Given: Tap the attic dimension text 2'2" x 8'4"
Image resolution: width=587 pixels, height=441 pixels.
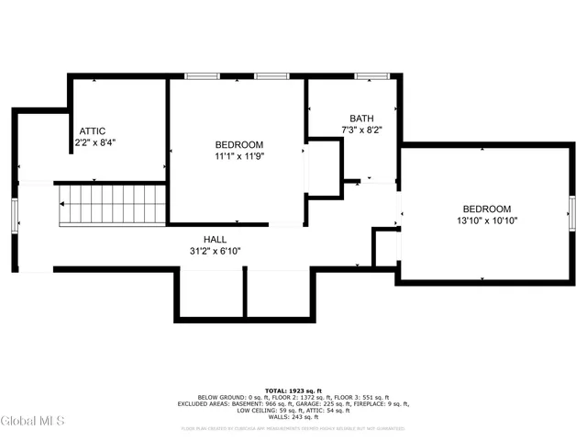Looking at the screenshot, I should tap(94, 143).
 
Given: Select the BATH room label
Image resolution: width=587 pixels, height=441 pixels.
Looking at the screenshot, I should tap(361, 119).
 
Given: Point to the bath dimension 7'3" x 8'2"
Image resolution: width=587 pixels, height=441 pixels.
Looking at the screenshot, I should tap(361, 130).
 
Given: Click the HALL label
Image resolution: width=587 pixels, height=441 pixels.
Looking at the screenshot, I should tap(216, 239).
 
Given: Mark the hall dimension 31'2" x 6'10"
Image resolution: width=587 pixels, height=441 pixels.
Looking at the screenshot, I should tap(216, 251).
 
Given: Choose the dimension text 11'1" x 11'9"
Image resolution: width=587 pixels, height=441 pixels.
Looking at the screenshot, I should tap(239, 157).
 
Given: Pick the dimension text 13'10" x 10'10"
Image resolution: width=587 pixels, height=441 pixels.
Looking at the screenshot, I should tap(487, 221).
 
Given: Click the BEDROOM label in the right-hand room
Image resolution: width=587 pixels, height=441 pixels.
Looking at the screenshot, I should tap(487, 209).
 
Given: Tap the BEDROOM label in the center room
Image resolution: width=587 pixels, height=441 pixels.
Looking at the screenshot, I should tap(239, 145).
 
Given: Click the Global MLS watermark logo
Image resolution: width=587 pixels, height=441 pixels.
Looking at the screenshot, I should tap(34, 421).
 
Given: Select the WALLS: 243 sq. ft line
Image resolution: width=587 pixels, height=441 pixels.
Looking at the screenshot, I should tap(293, 417).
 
